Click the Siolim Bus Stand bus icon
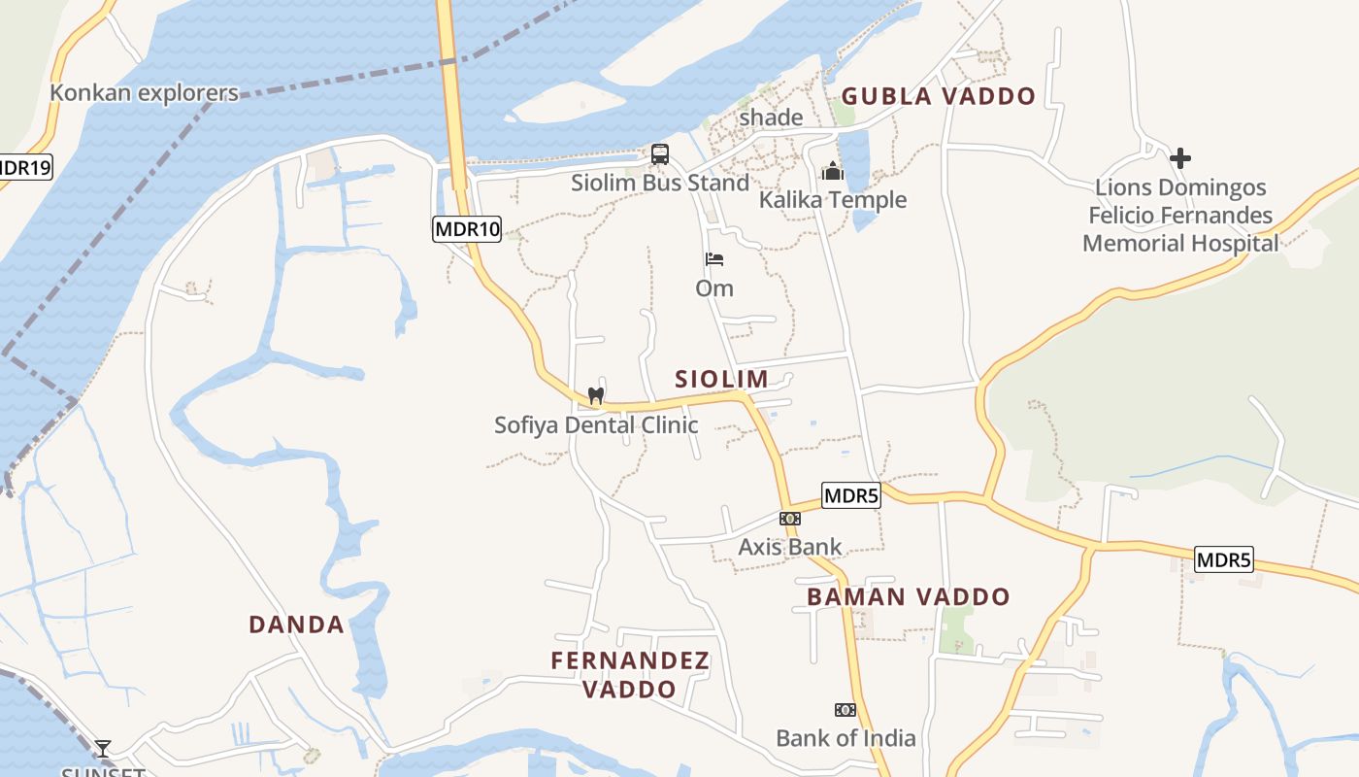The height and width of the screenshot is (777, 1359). pos(660,153)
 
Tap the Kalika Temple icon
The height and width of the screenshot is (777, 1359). pos(833,171)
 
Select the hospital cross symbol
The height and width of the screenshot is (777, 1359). pos(1180,157)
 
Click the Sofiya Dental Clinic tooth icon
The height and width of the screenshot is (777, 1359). pos(596,396)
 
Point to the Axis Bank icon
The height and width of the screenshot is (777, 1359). pos(789,519)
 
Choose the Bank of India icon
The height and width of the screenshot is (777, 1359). pos(845,710)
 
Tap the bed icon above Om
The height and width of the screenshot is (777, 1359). pos(714,259)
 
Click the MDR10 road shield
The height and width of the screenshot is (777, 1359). pos(467,229)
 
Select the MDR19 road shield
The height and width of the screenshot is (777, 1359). pos(23,167)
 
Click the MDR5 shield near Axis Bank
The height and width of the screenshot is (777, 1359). pos(850,495)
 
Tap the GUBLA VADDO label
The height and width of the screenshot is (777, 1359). pos(939,96)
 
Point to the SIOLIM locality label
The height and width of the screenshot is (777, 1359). pos(721,379)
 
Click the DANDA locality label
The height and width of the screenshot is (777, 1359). pos(297,625)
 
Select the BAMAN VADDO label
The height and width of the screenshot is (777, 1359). pos(909,596)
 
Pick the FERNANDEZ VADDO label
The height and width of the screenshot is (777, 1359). pos(630,675)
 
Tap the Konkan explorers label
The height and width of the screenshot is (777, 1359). pos(144,93)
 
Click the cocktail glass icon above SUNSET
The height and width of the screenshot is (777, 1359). pos(102,749)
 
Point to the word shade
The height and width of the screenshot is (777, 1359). pos(771,118)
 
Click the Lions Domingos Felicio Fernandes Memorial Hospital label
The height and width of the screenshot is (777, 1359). pos(1180,216)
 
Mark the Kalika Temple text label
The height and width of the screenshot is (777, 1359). pos(833,200)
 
